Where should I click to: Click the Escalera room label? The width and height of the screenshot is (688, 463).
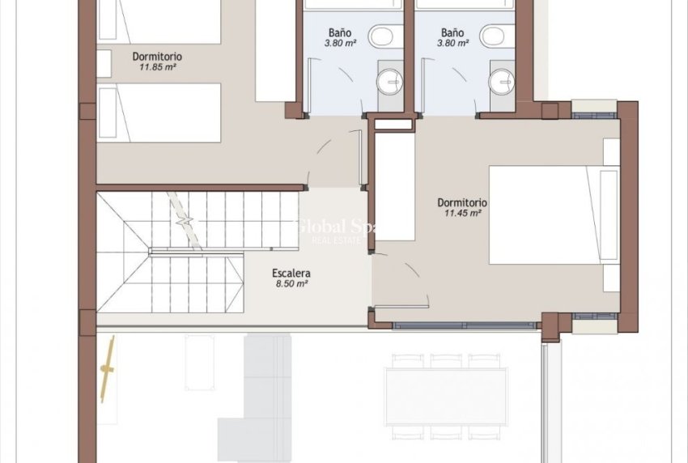click(291, 274)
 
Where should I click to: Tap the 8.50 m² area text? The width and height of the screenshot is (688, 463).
click(291, 284)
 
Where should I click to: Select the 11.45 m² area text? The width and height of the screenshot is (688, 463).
click(463, 214)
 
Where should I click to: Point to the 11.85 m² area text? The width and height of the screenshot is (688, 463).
click(157, 67)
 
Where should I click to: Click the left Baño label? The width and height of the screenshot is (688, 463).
click(341, 33)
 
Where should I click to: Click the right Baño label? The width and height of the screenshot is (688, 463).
click(452, 33)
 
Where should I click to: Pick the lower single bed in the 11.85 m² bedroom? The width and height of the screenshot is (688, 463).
click(159, 113)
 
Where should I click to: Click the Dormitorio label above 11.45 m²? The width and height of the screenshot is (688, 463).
click(461, 202)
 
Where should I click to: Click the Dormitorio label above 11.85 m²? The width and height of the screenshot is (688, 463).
click(157, 57)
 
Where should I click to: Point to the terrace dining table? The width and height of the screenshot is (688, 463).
click(446, 396)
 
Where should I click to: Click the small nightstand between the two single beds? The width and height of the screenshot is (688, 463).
click(104, 62)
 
